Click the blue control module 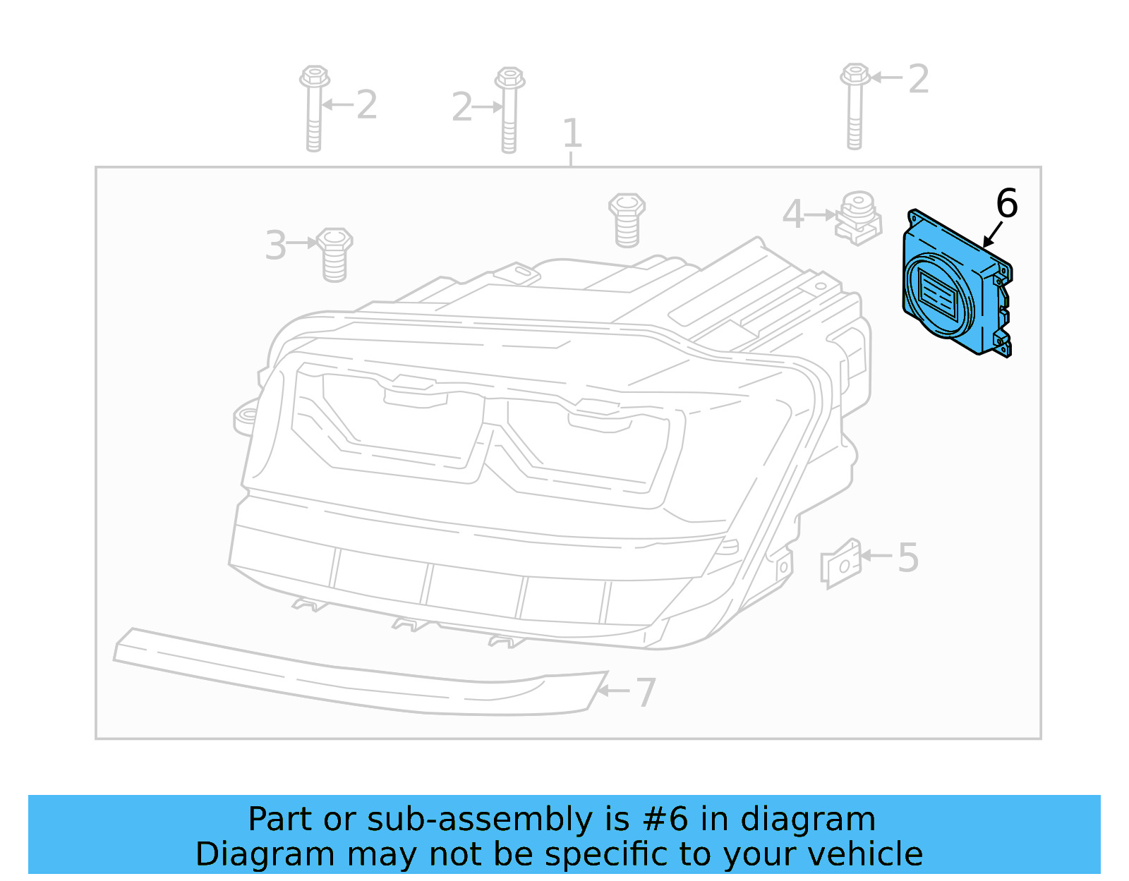(x=956, y=286)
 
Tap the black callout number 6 (x=1007, y=203)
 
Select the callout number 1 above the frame (x=572, y=133)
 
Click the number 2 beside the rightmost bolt (x=918, y=79)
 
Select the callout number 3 (x=275, y=245)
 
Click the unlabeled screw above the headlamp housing (x=627, y=219)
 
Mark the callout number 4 (x=793, y=214)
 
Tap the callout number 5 (x=908, y=557)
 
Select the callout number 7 (x=646, y=692)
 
